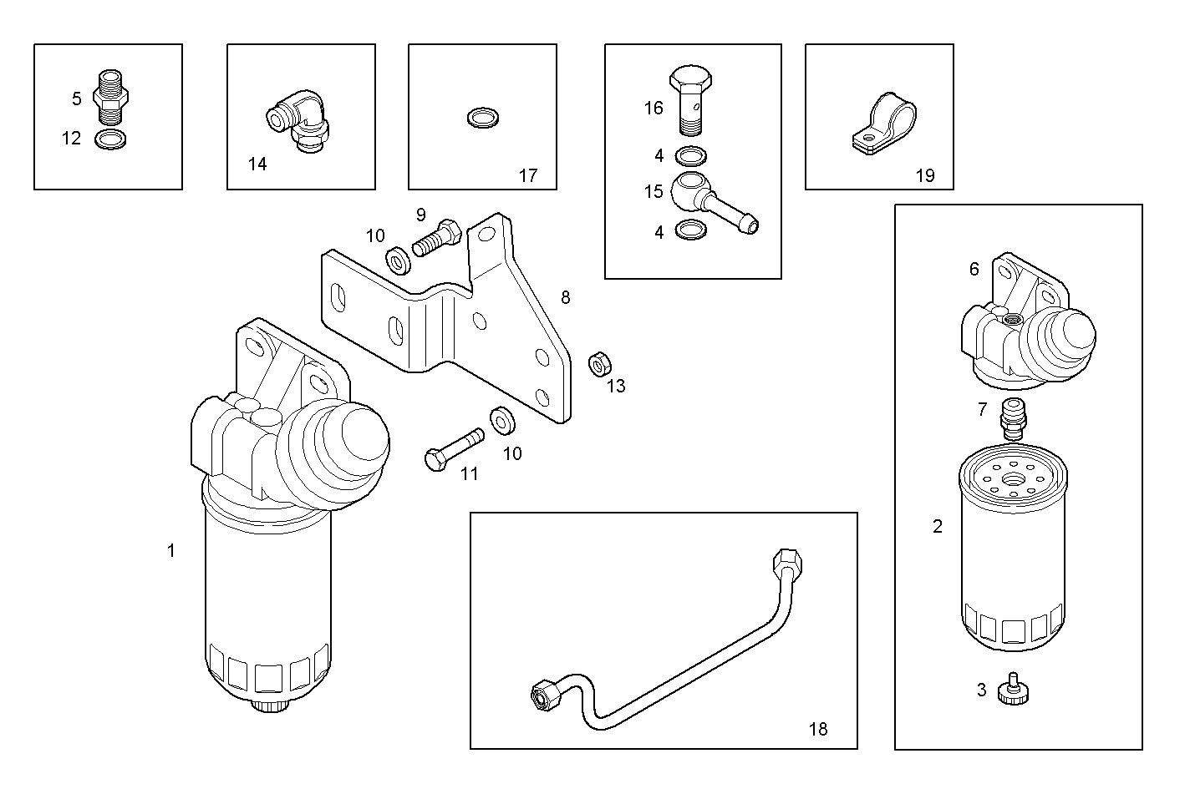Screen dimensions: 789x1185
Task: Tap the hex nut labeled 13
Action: point(599,363)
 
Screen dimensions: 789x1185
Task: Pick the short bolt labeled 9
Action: point(437,239)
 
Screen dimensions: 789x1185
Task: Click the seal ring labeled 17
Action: point(481,118)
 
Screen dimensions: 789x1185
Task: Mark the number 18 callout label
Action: point(818,729)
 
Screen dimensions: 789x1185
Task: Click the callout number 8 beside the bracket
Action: point(566,297)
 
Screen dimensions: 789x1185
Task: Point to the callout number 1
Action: point(171,550)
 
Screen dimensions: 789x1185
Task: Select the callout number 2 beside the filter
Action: point(937,526)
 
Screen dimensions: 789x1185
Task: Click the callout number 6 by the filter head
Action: point(974,269)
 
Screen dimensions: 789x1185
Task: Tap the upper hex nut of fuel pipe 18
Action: point(789,561)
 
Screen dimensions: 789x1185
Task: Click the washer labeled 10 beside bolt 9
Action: point(398,260)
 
